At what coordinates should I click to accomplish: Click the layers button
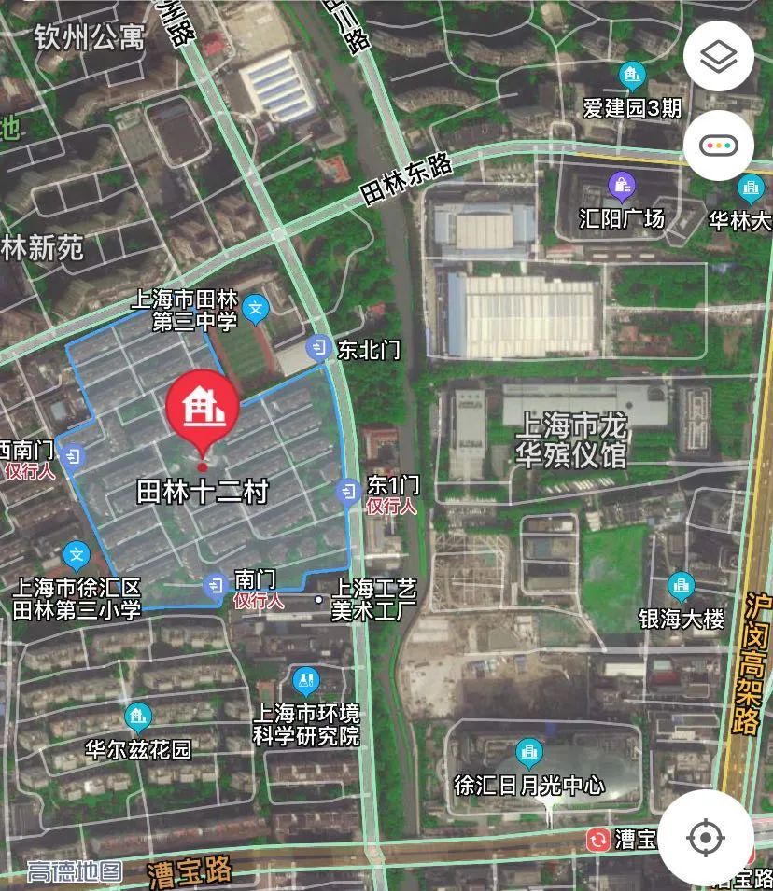718,57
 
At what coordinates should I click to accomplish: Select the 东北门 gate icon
320,348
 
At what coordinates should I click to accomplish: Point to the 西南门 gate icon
75,455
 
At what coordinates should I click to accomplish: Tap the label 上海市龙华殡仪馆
571,441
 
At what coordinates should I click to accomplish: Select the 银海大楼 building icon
681,586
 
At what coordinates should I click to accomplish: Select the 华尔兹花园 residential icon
138,717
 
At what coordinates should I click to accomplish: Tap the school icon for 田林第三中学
255,307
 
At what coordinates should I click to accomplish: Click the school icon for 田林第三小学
77,556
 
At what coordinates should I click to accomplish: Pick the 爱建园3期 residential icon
632,75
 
